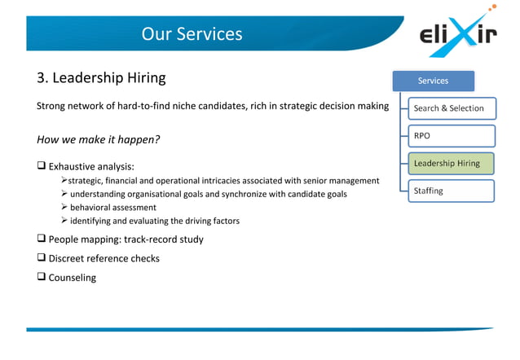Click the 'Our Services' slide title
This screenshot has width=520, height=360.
pos(192,34)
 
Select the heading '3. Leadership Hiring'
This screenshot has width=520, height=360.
pos(101,78)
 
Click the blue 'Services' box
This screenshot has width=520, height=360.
pos(433,81)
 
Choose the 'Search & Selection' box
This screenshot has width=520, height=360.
pos(449,108)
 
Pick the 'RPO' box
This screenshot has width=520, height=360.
pos(451,136)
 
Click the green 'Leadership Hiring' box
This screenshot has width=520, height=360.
pos(451,164)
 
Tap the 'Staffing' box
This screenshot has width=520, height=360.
pos(451,191)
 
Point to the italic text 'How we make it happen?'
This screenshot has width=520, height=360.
pos(98,139)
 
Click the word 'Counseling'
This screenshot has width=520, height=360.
pos(73,278)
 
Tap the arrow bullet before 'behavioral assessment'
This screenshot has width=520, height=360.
pos(64,207)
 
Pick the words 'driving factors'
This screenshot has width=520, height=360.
pos(212,221)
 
